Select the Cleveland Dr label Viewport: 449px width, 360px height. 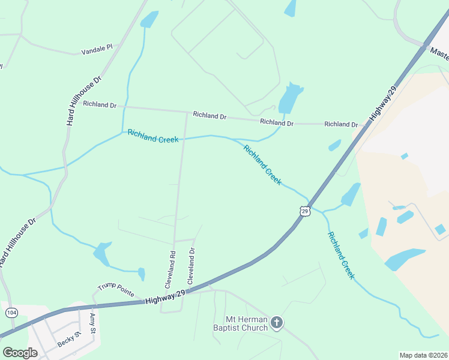(191, 266)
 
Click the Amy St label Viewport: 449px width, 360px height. (92, 323)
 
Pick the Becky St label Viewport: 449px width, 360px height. (69, 340)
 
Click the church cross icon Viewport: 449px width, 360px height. (276, 323)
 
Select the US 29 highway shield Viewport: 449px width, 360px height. (305, 212)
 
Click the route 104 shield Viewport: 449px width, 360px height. (11, 313)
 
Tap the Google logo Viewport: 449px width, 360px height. (20, 353)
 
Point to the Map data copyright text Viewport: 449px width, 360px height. (423, 355)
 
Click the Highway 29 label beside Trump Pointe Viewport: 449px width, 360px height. (165, 297)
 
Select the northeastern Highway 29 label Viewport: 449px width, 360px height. (382, 103)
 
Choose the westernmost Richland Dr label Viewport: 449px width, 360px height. (100, 104)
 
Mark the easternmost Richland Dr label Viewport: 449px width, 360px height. (341, 124)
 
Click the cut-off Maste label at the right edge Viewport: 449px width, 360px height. (439, 54)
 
